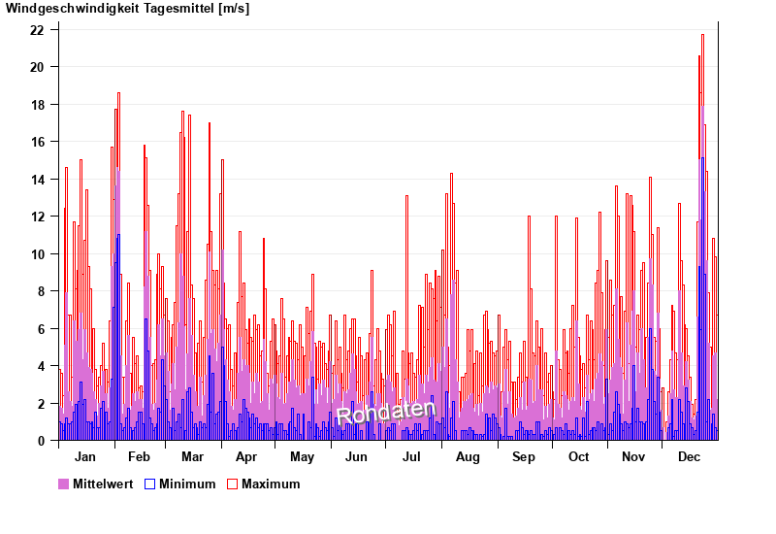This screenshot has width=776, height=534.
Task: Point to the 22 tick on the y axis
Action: tap(37, 30)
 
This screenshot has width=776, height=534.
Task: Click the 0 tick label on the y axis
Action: tap(41, 441)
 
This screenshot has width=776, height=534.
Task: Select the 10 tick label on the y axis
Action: tap(37, 254)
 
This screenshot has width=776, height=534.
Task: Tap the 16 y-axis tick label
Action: tap(37, 142)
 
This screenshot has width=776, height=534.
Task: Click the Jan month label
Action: tap(85, 457)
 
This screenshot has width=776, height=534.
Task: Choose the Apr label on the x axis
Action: tap(246, 457)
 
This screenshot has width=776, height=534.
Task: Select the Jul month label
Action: tap(411, 457)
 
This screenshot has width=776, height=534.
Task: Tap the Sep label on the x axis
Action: tap(524, 457)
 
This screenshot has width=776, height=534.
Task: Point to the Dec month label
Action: tap(690, 457)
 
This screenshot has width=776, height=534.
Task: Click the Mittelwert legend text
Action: tap(103, 484)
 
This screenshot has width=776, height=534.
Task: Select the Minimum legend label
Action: tap(187, 484)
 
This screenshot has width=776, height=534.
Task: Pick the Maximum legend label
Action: tap(271, 484)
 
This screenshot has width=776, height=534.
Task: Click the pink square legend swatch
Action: tap(64, 484)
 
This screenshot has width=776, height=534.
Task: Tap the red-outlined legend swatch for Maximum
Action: tap(232, 484)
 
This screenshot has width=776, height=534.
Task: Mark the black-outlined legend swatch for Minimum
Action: tap(149, 484)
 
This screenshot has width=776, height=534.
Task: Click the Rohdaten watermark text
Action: tap(385, 413)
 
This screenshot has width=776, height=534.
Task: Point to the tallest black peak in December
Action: tap(702, 36)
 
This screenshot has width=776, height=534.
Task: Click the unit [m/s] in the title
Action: tap(234, 9)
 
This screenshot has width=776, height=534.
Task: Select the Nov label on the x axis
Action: tap(633, 457)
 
